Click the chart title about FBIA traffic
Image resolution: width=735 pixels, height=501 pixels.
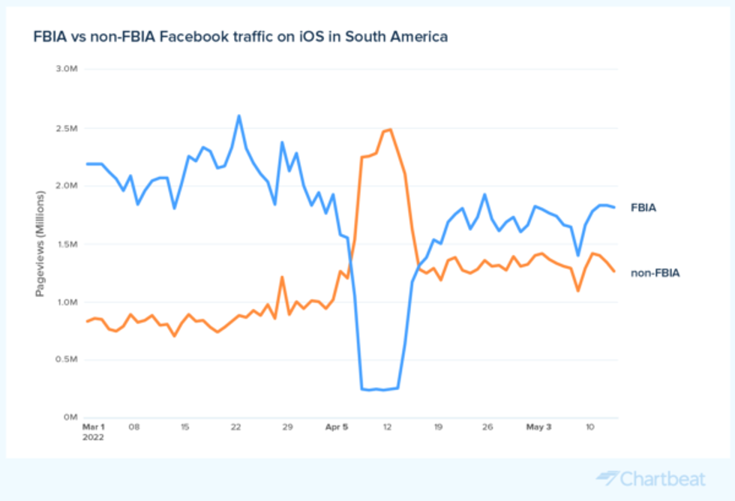coord(240,36)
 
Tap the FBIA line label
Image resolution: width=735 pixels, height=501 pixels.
coord(643,207)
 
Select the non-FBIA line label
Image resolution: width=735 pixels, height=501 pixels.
coord(655,274)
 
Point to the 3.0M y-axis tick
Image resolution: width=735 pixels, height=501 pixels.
coord(67,69)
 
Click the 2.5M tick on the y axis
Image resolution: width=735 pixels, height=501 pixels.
coord(67,127)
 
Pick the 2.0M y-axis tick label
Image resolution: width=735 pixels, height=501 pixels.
coord(67,185)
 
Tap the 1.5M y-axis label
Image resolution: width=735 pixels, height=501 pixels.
coord(67,244)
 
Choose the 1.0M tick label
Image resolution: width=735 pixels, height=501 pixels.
coord(67,301)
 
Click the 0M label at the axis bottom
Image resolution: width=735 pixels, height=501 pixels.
coord(72,417)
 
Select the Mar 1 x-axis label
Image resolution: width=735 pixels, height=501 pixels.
coord(94,427)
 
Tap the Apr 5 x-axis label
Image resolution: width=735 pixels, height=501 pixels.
coord(337,427)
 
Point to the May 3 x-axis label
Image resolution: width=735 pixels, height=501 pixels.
coord(538,427)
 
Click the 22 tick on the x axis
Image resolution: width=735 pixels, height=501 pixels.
coord(235,427)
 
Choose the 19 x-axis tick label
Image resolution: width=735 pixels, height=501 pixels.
coord(438,427)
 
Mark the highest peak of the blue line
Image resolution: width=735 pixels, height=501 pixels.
coord(238,115)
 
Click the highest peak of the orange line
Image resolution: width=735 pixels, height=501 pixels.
coord(391,129)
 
